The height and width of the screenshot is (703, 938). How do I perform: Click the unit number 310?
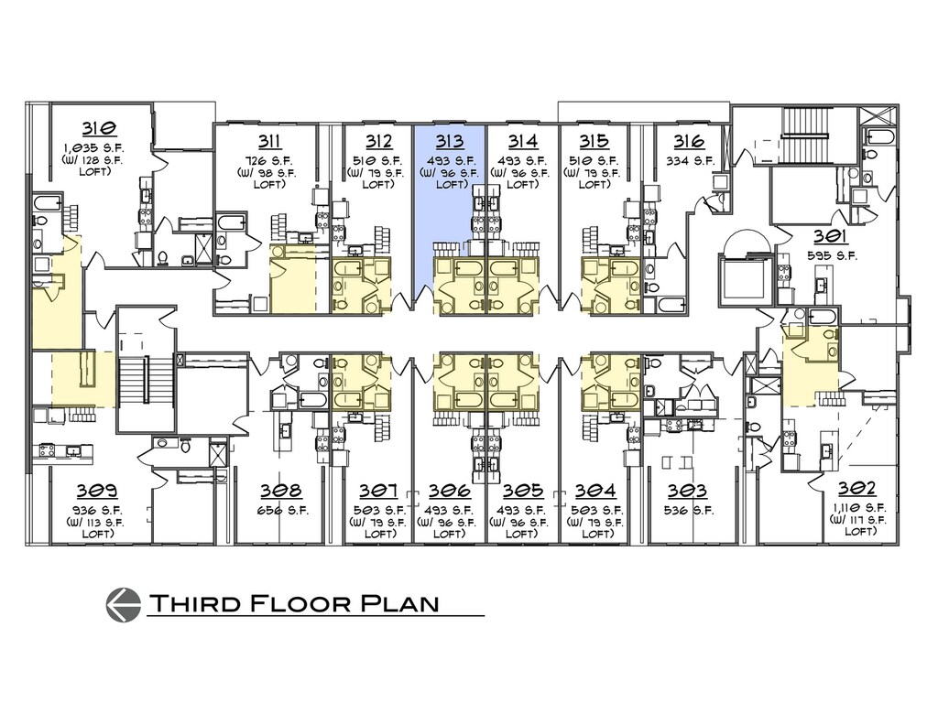point(99,128)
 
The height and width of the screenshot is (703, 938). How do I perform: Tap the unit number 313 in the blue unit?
point(449,141)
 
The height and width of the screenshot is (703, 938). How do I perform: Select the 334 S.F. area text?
point(691,161)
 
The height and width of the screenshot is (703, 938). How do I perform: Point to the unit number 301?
point(831,237)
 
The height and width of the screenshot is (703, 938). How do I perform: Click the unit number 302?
point(856,489)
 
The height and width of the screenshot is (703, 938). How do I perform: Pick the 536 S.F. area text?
point(689,511)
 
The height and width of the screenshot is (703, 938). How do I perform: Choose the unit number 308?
point(280,491)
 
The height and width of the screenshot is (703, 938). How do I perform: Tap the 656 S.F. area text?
point(282,511)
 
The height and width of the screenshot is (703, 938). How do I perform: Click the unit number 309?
point(97,491)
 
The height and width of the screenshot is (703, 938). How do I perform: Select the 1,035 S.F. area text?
point(95,147)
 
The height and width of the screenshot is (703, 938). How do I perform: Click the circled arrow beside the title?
point(124,605)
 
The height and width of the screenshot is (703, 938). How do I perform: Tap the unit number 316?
point(689,141)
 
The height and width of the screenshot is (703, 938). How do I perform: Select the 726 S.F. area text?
point(268,161)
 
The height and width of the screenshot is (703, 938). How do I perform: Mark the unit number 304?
point(595,491)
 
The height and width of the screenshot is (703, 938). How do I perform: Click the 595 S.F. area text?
point(832,256)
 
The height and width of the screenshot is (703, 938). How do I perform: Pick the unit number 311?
point(270,141)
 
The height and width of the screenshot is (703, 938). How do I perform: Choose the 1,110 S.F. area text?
point(858,507)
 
